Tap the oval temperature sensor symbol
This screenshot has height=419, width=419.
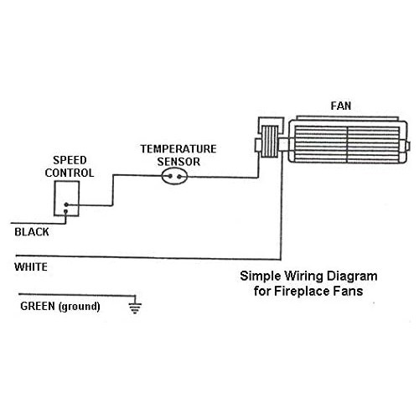[176, 176]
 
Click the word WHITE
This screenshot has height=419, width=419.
[31, 268]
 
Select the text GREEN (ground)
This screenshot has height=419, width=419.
[59, 306]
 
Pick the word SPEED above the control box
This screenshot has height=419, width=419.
[68, 160]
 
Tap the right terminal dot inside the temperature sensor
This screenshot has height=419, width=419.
[183, 176]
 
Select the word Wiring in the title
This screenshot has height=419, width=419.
[293, 276]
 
